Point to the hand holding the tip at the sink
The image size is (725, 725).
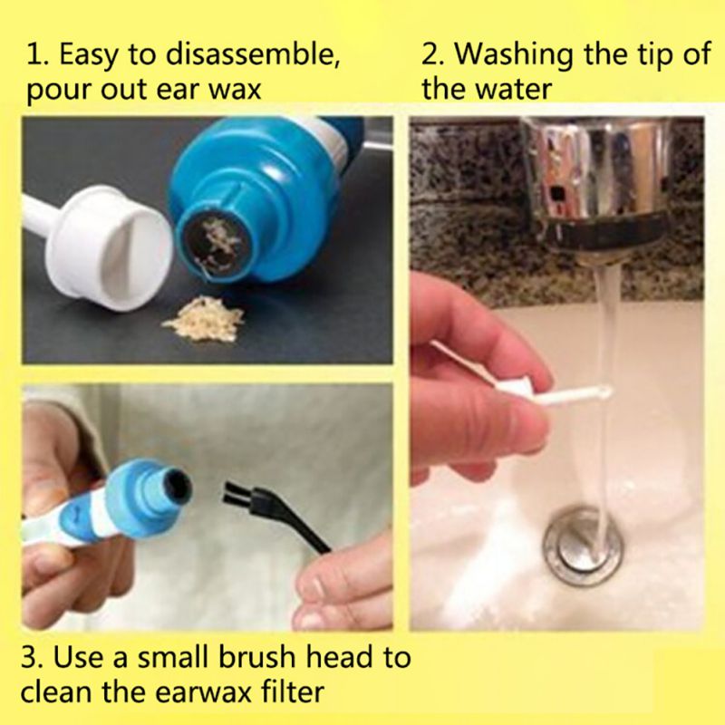pos(462,381)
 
